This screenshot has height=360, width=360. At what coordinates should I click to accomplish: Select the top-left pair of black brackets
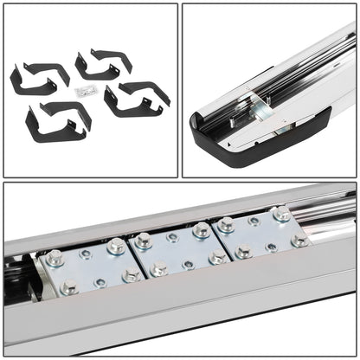pyautogui.click(x=38, y=78)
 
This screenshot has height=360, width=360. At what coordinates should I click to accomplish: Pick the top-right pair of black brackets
pyautogui.click(x=103, y=62)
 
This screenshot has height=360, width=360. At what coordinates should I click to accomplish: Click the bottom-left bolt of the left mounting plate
pyautogui.click(x=68, y=286)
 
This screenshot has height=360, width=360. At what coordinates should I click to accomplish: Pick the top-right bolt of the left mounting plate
pyautogui.click(x=114, y=246)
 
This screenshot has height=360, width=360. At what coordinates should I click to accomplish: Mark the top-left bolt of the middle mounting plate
pyautogui.click(x=144, y=241)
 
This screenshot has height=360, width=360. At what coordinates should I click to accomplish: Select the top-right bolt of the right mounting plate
pyautogui.click(x=281, y=213)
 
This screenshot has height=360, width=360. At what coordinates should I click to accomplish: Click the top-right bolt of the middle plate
pyautogui.click(x=201, y=229)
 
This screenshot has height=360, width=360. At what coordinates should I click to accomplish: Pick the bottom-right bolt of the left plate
pyautogui.click(x=131, y=275)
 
